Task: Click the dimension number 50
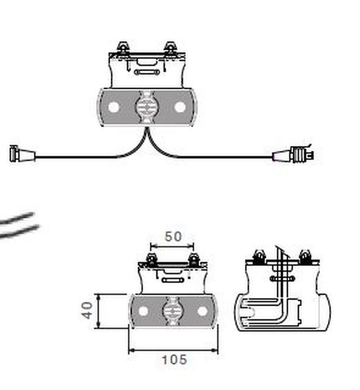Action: pos(173,236)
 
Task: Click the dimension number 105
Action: pos(174,360)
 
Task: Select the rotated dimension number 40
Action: pos(87,310)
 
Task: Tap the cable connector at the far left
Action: pos(22,154)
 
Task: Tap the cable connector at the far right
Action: pos(294,154)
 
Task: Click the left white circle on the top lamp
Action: pos(114,107)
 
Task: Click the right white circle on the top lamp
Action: pos(180,107)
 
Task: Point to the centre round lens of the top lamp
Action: pos(147,107)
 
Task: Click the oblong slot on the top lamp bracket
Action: pos(147,72)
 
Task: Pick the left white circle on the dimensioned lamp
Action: pos(143,311)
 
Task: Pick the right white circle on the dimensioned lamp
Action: pos(202,311)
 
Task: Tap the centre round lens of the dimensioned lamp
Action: pos(173,311)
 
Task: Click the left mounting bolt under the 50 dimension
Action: pos(151,260)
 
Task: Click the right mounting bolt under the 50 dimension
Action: pos(193,260)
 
